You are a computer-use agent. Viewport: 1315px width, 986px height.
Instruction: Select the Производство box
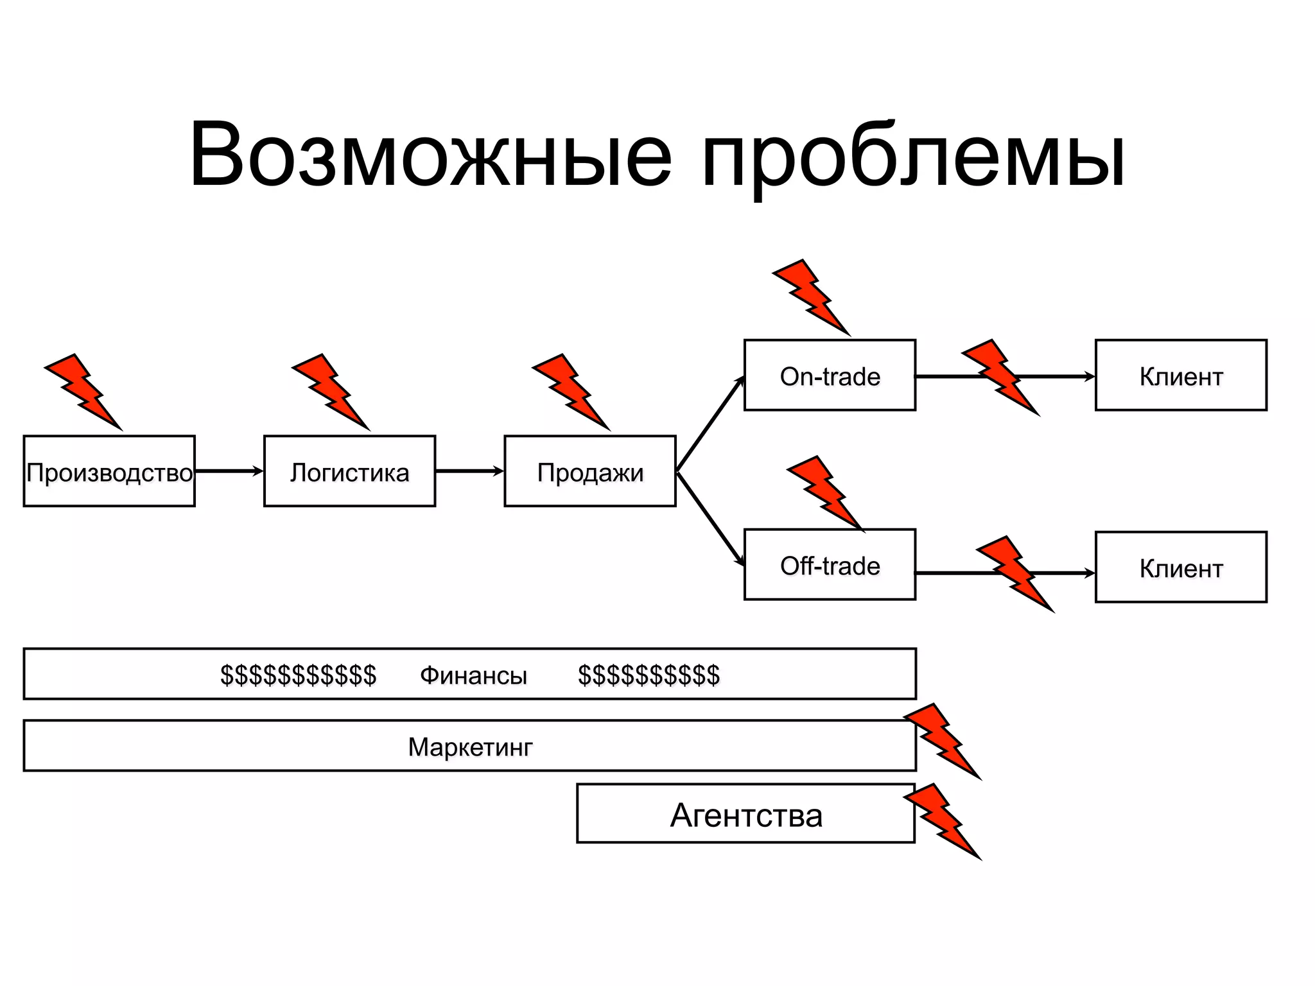point(109,472)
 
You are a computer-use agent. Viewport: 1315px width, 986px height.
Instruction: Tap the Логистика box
point(349,472)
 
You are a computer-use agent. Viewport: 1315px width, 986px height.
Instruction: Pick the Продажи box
point(589,472)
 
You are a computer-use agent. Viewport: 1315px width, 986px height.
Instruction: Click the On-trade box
point(830,376)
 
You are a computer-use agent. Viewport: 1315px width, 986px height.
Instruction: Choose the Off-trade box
point(830,565)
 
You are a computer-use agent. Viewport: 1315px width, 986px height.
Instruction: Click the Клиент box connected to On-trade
point(1180,376)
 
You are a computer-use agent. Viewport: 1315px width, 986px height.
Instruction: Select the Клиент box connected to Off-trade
point(1180,567)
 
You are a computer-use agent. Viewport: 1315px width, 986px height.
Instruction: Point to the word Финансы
point(473,675)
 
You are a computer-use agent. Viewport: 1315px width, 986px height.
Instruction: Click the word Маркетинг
point(470,747)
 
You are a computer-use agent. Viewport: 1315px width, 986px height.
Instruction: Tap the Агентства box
point(745,814)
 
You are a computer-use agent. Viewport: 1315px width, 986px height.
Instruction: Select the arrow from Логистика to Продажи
point(469,471)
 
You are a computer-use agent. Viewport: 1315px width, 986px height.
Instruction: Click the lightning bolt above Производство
point(83,391)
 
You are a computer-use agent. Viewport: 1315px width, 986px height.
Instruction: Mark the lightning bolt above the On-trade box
point(812,297)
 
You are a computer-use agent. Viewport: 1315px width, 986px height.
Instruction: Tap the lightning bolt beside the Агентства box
point(943,820)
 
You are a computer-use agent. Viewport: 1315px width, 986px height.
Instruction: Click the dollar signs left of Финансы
point(298,675)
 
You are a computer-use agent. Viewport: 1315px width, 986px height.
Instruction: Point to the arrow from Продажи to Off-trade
point(710,519)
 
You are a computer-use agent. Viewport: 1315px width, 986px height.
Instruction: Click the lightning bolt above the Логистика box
point(331,391)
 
